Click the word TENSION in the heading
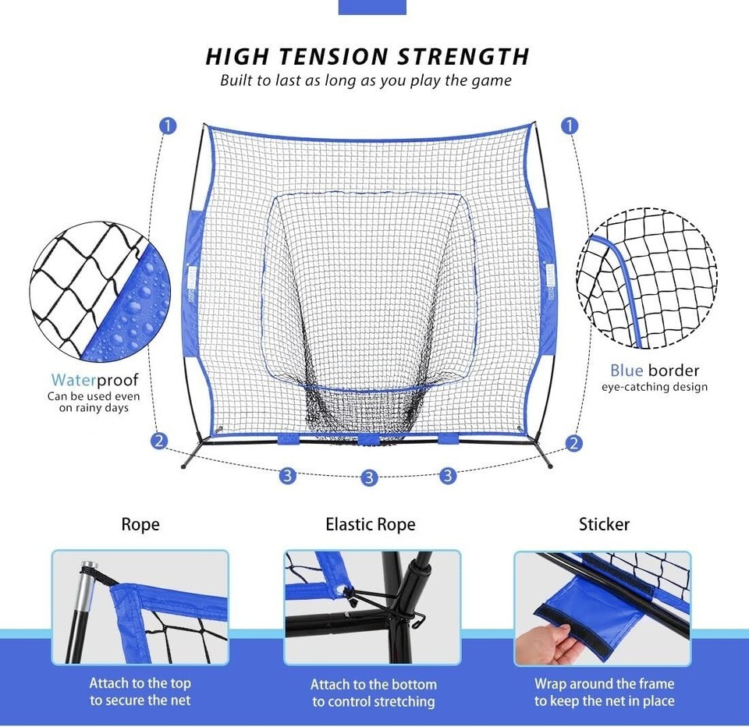[333, 56]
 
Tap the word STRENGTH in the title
[463, 56]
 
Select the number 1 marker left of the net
[168, 126]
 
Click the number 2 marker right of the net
[573, 443]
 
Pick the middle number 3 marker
[369, 477]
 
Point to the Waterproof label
[94, 380]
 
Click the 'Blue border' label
[655, 371]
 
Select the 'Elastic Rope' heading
[370, 524]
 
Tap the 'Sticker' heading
[604, 524]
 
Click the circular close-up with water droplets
[100, 292]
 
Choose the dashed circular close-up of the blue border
[647, 278]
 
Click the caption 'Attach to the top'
[140, 683]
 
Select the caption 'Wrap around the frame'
[604, 683]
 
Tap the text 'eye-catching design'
[655, 387]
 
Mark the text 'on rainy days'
[94, 408]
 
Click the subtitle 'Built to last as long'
[289, 80]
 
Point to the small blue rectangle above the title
[372, 7]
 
